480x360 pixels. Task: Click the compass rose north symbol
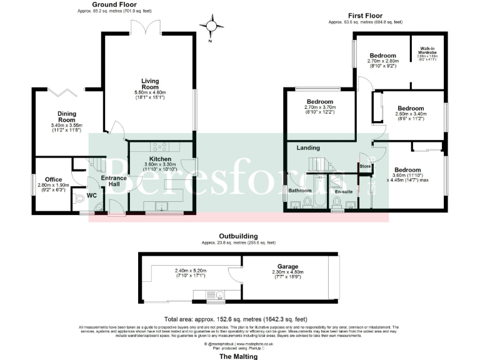(x=211, y=27)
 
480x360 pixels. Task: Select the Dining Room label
(x=67, y=116)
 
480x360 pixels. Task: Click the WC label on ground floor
(x=91, y=196)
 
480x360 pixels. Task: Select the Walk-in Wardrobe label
(x=427, y=49)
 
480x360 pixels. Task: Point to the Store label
(x=365, y=167)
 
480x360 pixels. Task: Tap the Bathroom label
(x=300, y=190)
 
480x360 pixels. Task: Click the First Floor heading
(x=365, y=16)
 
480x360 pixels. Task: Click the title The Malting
(x=239, y=356)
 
